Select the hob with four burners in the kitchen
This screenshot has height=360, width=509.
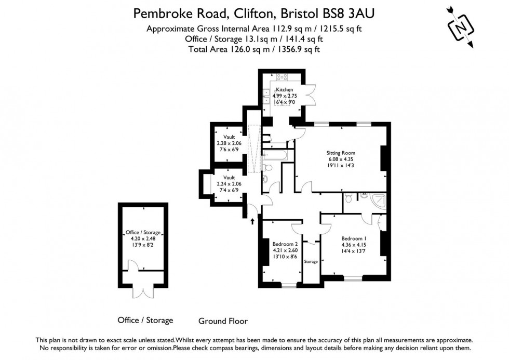point(283,78)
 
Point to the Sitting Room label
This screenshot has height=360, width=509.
point(341,153)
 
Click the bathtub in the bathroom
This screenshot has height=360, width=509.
point(272,155)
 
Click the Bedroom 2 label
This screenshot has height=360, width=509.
point(285,243)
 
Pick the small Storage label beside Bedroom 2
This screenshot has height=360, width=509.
point(311,261)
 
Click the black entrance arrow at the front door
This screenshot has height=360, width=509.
point(252,221)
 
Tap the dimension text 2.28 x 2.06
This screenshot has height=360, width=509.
point(226,143)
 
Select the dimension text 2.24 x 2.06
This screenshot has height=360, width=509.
point(226,184)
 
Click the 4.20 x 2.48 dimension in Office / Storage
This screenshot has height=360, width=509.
point(143,238)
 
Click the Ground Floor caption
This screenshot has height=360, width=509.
point(223,321)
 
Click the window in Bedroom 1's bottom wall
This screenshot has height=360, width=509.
point(353,276)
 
